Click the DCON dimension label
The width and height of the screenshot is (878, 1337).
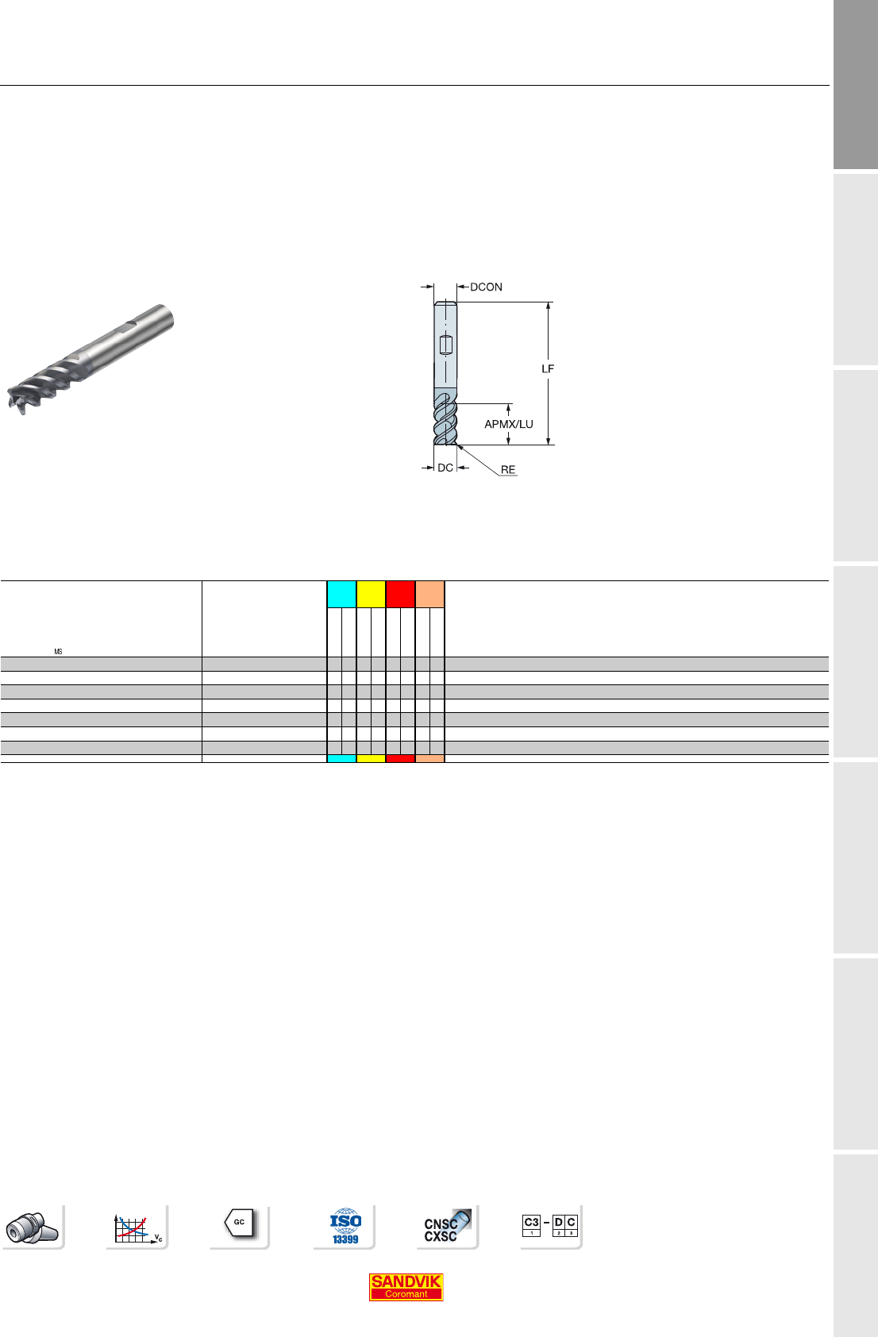pos(486,287)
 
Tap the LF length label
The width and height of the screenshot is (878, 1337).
pos(547,369)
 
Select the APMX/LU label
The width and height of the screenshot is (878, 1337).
pos(509,425)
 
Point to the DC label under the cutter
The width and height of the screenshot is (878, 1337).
pos(445,468)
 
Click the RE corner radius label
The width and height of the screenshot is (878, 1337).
pos(508,470)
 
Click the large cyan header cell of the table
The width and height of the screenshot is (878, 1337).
pos(341,595)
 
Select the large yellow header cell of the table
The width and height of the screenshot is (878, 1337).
pos(371,595)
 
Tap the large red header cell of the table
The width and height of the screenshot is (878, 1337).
pos(400,595)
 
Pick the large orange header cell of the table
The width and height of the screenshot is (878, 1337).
pos(429,595)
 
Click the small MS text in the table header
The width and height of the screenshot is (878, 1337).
pos(58,652)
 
